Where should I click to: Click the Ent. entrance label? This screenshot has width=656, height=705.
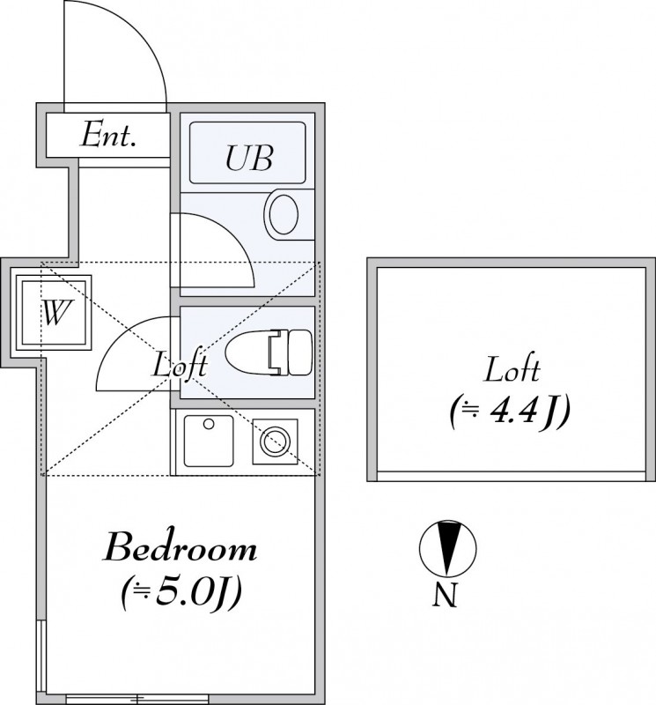click(x=107, y=137)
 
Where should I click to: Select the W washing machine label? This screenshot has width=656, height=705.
click(x=55, y=313)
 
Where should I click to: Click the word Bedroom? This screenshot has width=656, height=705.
click(x=181, y=550)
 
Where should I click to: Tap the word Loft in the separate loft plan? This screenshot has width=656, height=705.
click(x=511, y=369)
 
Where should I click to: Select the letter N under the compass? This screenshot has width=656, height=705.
click(x=446, y=597)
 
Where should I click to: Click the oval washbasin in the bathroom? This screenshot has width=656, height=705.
click(x=284, y=213)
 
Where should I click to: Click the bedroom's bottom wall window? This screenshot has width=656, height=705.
click(x=136, y=699)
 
